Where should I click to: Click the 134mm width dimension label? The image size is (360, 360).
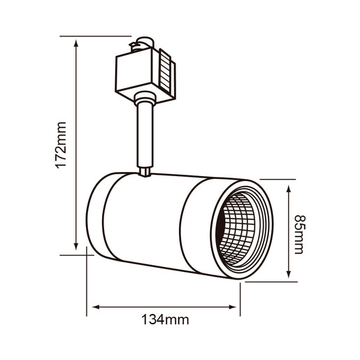165,320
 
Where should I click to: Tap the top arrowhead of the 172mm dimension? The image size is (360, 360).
76,41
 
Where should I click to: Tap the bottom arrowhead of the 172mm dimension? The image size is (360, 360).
76,247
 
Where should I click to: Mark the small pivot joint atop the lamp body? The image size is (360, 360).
145,170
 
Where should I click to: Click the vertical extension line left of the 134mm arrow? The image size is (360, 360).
87,287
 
